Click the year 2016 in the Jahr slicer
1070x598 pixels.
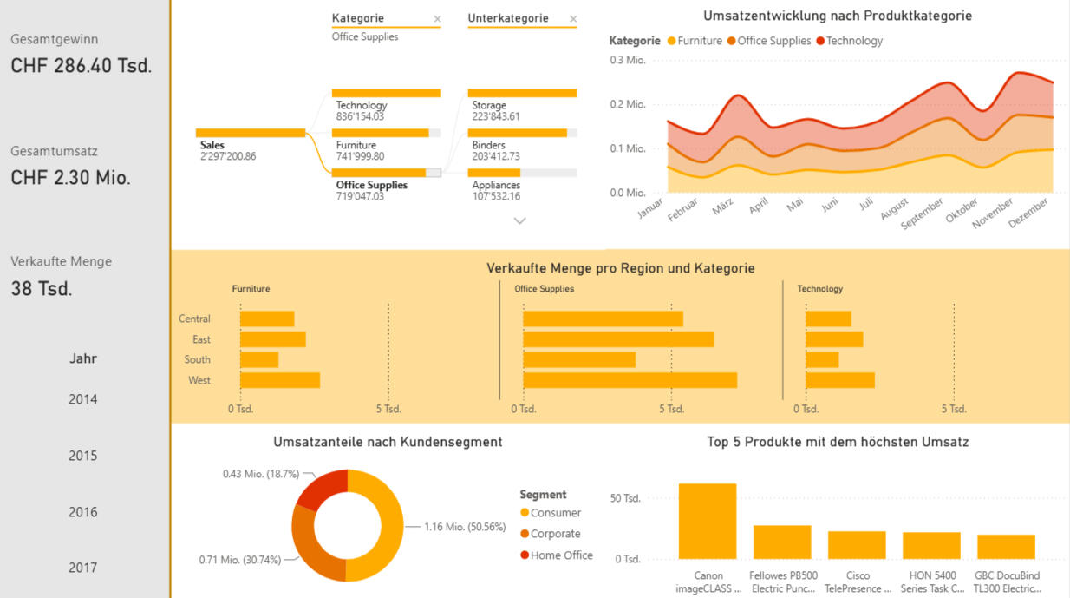(x=82, y=512)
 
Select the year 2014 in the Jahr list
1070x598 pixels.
(x=82, y=399)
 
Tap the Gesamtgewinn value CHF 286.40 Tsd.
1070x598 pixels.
(x=82, y=66)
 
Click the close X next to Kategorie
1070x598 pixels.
(x=437, y=19)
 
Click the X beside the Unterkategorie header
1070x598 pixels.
(x=573, y=19)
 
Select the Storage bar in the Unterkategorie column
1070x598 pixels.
(x=522, y=93)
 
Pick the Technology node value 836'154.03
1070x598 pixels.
(x=360, y=116)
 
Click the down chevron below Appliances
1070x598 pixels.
(x=519, y=220)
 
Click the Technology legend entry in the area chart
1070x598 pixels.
(x=849, y=41)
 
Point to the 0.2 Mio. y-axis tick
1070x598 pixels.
(x=627, y=104)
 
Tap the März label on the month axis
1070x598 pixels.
(x=723, y=207)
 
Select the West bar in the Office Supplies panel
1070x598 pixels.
(x=630, y=380)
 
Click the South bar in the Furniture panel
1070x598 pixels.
(x=259, y=359)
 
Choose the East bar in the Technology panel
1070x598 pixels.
(x=834, y=339)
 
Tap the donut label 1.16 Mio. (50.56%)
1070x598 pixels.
(x=465, y=527)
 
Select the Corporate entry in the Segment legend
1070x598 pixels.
(x=551, y=534)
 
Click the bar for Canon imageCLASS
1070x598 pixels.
(x=708, y=521)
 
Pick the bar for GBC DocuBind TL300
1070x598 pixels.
(x=1006, y=547)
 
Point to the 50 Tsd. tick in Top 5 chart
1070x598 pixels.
(x=625, y=498)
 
